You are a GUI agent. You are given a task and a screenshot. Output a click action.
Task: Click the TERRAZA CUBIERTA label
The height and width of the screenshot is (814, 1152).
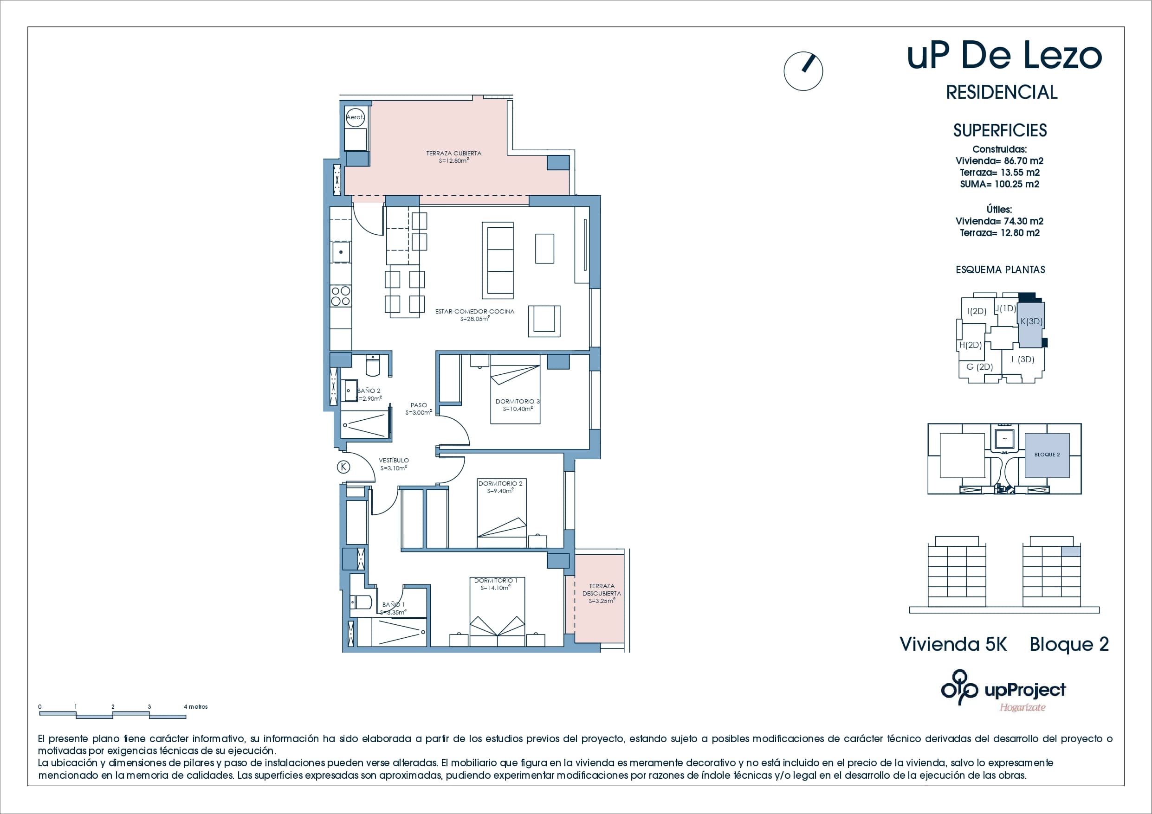(x=453, y=154)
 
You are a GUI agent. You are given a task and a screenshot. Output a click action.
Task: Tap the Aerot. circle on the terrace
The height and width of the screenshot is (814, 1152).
(x=355, y=117)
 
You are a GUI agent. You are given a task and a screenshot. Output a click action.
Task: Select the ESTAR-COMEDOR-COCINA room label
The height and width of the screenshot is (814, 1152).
(x=475, y=312)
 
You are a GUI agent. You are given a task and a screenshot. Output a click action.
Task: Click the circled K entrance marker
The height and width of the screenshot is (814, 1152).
(x=343, y=467)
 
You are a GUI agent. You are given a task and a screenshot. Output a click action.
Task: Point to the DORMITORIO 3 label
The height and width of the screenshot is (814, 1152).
(x=518, y=402)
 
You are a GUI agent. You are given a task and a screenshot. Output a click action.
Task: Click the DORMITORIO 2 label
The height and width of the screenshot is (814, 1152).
(x=500, y=483)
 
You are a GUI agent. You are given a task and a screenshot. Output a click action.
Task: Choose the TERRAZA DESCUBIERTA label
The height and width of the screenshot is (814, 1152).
(x=602, y=590)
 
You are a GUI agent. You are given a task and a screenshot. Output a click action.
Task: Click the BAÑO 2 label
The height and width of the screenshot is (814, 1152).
(x=369, y=391)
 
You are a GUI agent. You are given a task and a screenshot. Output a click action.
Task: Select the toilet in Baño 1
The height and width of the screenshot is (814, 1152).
(x=360, y=602)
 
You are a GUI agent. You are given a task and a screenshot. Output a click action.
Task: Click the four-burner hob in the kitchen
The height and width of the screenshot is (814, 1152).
(x=341, y=296)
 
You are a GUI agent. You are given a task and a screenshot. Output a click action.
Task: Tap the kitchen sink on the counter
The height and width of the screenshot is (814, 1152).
(x=341, y=252)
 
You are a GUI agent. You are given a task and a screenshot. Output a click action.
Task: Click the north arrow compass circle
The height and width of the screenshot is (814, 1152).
(x=803, y=71)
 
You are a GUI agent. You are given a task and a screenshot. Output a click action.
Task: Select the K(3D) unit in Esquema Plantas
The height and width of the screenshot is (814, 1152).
(x=1031, y=322)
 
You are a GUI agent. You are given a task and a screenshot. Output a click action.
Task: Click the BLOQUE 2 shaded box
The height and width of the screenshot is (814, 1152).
(x=1047, y=455)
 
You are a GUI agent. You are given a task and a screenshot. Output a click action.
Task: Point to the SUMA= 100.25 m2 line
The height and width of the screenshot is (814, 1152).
(x=999, y=184)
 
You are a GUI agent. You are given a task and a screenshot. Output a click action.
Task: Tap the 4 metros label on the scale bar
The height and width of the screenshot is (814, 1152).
(x=196, y=707)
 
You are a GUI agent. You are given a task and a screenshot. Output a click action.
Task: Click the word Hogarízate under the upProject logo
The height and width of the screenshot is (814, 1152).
(x=1023, y=708)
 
